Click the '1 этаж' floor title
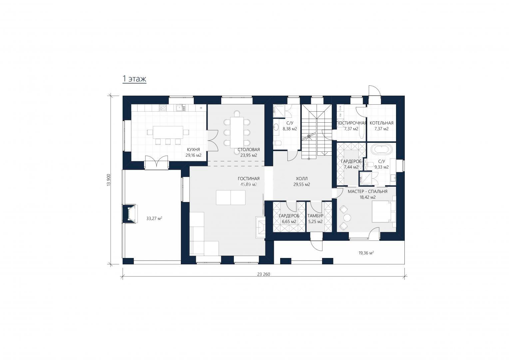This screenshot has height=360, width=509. click(134, 79)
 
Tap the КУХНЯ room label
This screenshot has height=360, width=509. click(194, 149)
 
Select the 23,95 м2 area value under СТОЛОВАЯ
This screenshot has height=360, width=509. click(249, 155)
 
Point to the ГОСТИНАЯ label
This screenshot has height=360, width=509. click(249, 179)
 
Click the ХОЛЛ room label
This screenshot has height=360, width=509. click(301, 179)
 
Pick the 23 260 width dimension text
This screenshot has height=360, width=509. click(263, 274)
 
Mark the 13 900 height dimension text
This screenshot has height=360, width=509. click(109, 180)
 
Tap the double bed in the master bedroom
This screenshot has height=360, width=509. click(384, 212)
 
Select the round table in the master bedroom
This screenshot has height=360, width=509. click(347, 218)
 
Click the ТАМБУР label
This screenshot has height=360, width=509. click(315, 216)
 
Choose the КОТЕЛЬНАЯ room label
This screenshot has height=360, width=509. click(381, 123)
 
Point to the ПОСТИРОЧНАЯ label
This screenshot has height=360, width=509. click(351, 123)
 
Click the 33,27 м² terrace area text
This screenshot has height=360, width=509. click(154, 219)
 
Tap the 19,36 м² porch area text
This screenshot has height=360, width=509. click(366, 253)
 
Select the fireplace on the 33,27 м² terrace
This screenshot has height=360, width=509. click(130, 214)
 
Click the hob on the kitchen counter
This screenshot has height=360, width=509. click(163, 108)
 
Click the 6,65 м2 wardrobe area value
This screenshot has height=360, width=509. click(289, 222)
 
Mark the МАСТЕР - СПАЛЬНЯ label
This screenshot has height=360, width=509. click(367, 191)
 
